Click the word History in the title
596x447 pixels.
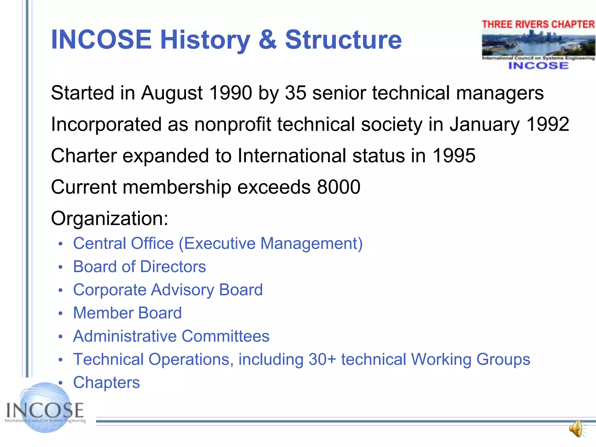pyautogui.click(x=205, y=40)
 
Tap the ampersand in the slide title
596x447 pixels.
pyautogui.click(x=267, y=40)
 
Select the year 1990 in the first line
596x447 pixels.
pyautogui.click(x=230, y=93)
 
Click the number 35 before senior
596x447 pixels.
pyautogui.click(x=295, y=93)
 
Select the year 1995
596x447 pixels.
pyautogui.click(x=454, y=155)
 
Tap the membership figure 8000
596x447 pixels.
pyautogui.click(x=339, y=187)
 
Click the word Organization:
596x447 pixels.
pyautogui.click(x=110, y=218)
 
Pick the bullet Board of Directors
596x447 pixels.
pyautogui.click(x=139, y=267)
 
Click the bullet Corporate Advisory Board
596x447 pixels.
pyautogui.click(x=168, y=290)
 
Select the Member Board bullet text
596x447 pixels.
pyautogui.click(x=127, y=313)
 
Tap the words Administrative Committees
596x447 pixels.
pyautogui.click(x=171, y=336)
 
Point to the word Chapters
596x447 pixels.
pyautogui.click(x=107, y=382)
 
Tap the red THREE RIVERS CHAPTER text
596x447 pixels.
pyautogui.click(x=538, y=24)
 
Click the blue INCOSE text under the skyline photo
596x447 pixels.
pyautogui.click(x=538, y=66)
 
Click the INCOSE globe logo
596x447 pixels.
pyautogui.click(x=45, y=409)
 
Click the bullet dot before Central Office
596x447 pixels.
pyautogui.click(x=60, y=244)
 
